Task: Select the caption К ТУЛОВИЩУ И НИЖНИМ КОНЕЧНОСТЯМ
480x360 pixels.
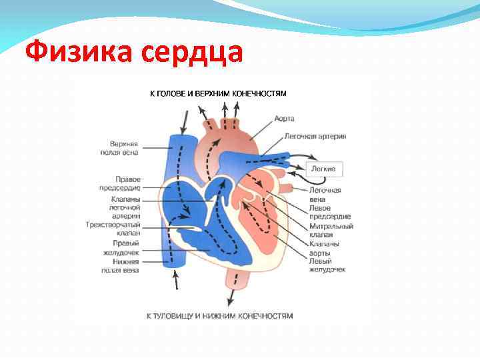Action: [x=219, y=315]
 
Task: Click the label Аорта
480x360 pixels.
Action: [x=284, y=119]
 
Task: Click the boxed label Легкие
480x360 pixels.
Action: [x=325, y=169]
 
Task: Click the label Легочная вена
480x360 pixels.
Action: [x=325, y=195]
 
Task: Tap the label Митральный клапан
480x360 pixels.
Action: [x=331, y=231]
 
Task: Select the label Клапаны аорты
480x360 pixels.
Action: [x=324, y=249]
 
